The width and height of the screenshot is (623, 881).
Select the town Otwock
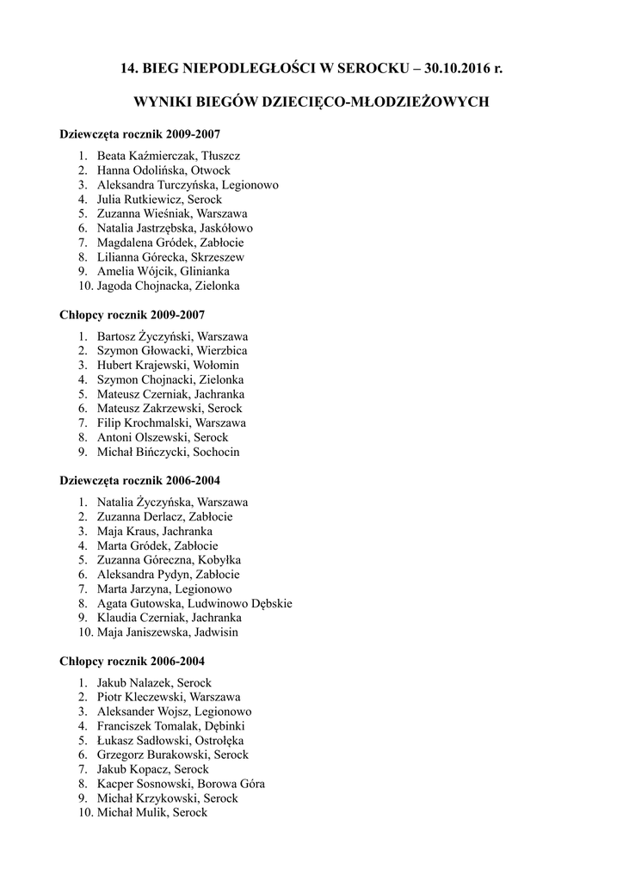click(211, 170)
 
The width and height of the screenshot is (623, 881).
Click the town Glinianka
click(205, 271)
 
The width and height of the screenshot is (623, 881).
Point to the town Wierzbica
click(222, 351)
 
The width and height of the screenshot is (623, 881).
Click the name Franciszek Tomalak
click(145, 726)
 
